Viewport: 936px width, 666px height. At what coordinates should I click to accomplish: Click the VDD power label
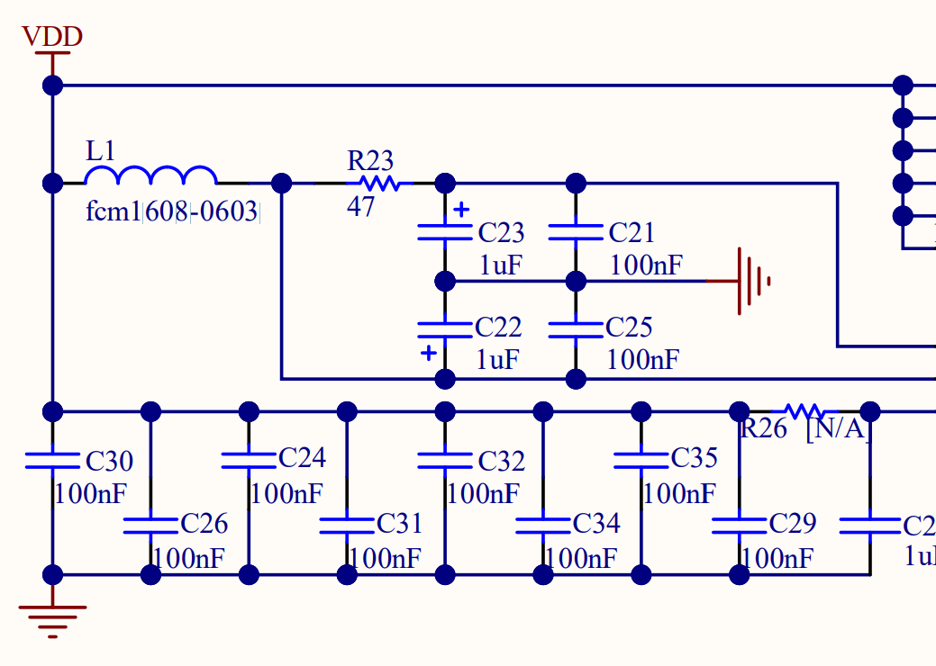52,37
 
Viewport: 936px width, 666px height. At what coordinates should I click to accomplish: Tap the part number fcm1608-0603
172,213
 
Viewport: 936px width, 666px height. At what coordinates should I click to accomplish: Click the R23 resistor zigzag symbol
378,184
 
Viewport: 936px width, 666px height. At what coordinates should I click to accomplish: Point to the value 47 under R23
360,207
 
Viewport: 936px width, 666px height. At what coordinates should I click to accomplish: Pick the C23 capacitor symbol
444,232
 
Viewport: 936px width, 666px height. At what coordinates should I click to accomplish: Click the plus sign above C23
461,211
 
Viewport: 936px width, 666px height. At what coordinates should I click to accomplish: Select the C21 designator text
631,233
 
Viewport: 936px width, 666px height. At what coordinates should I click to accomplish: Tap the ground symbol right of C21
752,281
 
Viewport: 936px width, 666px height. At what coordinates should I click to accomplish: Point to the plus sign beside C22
429,353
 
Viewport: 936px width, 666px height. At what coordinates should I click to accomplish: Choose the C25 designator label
629,327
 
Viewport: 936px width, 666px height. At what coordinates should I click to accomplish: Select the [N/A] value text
838,429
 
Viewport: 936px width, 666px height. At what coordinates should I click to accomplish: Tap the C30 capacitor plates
52,460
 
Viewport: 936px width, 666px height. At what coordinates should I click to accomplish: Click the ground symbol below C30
52,618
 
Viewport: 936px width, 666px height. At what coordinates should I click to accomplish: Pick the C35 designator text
694,458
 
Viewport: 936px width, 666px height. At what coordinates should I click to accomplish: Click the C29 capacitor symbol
739,524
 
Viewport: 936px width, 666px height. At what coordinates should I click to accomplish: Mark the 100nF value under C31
385,559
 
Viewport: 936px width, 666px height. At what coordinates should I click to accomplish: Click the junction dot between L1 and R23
282,184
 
